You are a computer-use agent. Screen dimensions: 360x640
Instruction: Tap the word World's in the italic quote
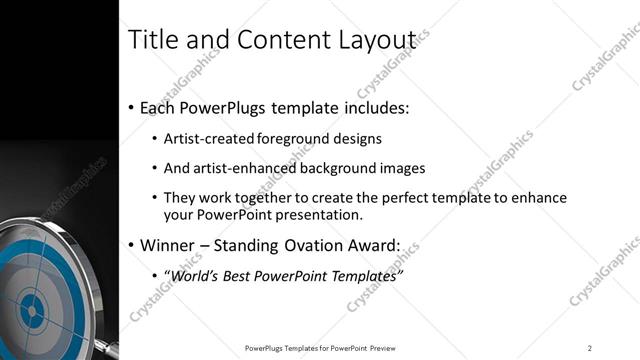pyautogui.click(x=198, y=275)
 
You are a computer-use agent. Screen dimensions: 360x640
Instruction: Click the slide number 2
pyautogui.click(x=590, y=348)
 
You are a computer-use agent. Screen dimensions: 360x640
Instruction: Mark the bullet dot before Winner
pyautogui.click(x=132, y=246)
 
